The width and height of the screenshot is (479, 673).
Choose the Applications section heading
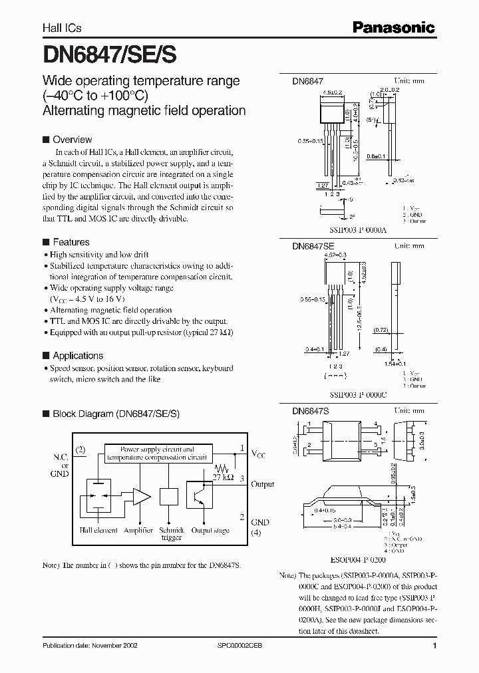coord(78,356)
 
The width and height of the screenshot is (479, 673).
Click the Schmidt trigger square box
coord(170,498)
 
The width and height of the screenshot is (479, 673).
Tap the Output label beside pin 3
coord(261,485)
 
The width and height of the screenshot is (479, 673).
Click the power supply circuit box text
coord(158,454)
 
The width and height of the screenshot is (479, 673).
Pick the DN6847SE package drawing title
coord(313,245)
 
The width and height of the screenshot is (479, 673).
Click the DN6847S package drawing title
coord(311,412)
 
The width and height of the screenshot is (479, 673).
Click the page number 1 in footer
coord(434,646)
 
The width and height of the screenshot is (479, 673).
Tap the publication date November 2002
coord(89,646)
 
